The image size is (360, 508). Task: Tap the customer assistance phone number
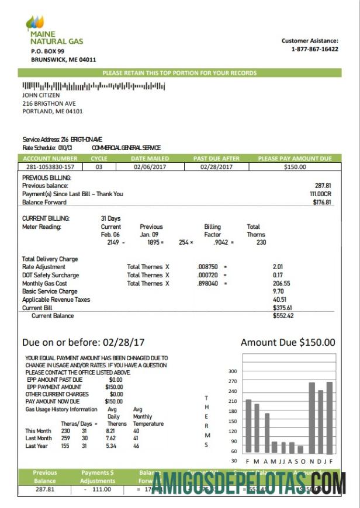click(x=314, y=49)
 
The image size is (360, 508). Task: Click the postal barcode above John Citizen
click(x=94, y=86)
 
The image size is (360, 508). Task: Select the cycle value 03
click(x=99, y=167)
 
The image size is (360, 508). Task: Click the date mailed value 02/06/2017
click(x=150, y=167)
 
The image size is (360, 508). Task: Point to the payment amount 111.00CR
click(x=320, y=194)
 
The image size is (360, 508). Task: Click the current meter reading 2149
click(x=113, y=242)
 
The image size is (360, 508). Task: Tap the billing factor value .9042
click(x=220, y=242)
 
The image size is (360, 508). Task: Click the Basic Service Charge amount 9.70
click(x=279, y=291)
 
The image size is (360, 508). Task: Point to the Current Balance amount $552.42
click(x=283, y=316)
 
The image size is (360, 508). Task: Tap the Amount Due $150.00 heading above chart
click(x=288, y=343)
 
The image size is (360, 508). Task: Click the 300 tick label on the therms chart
click(x=232, y=371)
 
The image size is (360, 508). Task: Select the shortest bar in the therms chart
click(x=300, y=449)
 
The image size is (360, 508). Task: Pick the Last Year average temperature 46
click(x=136, y=446)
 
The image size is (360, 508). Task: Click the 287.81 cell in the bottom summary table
click(x=45, y=489)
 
